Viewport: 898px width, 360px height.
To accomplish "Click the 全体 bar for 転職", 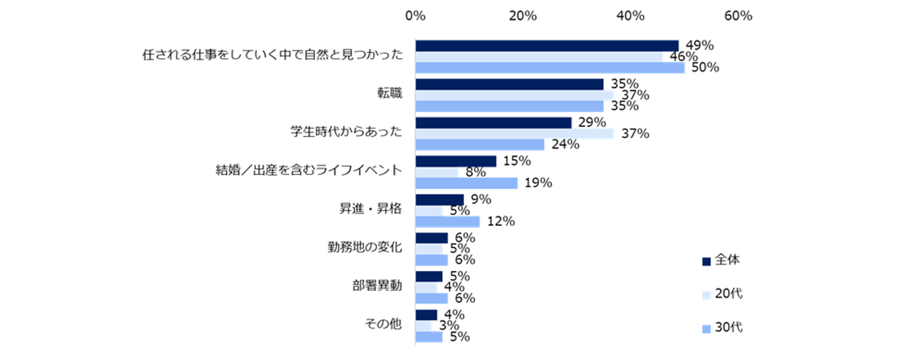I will (x=509, y=84).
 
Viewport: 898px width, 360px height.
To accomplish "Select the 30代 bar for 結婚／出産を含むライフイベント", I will (x=466, y=183).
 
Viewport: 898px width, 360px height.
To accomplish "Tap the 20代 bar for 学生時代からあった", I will (x=514, y=134).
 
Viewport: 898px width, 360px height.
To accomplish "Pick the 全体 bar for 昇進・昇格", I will (x=439, y=200).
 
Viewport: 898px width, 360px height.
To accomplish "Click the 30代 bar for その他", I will (x=428, y=337).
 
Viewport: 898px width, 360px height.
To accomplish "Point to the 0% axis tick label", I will (x=415, y=16).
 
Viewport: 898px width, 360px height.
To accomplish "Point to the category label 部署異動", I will (x=376, y=287).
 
